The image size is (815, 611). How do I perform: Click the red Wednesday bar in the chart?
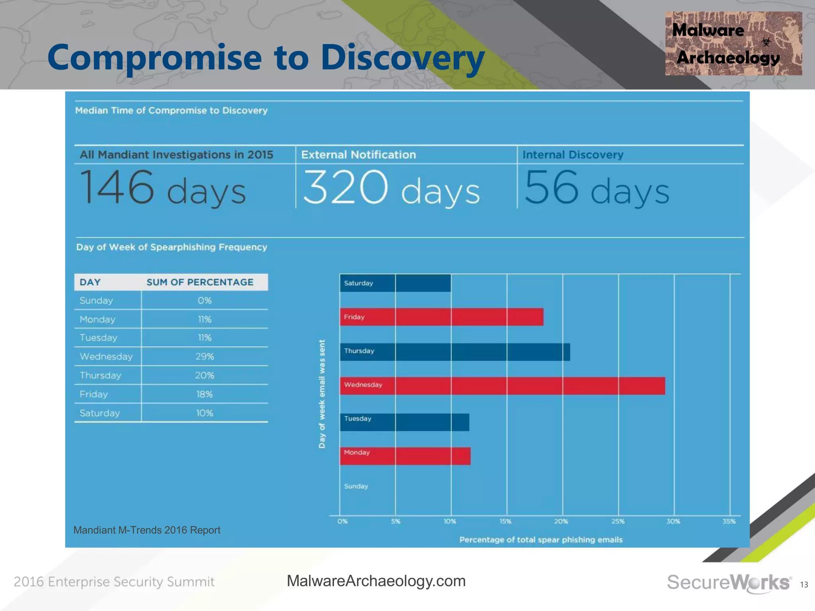coord(502,386)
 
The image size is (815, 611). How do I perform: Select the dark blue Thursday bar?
coord(455,352)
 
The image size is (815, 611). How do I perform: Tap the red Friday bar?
coord(442,317)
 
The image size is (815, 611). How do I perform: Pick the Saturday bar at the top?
coord(395,283)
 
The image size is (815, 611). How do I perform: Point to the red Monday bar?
coord(405,456)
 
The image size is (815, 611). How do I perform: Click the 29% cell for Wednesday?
coord(205,356)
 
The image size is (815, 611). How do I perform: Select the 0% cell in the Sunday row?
coord(205,300)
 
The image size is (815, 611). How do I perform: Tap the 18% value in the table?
coord(205,394)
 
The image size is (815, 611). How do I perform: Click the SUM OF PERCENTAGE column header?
coord(200,282)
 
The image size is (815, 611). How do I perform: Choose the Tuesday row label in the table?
coord(98,338)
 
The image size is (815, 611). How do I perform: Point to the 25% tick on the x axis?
coord(618,521)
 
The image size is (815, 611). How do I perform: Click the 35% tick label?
coord(729,521)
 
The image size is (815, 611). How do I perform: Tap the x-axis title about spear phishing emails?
coord(541,540)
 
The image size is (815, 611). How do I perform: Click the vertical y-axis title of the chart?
coord(322,394)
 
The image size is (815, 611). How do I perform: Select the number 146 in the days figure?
coord(117,187)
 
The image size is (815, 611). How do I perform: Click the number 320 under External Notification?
coord(345,187)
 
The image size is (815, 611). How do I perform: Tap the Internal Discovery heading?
coord(573,155)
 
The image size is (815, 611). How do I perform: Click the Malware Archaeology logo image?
coord(733,43)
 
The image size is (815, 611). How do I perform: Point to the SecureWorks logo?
coord(729,583)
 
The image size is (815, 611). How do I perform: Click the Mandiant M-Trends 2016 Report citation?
coord(147,530)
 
